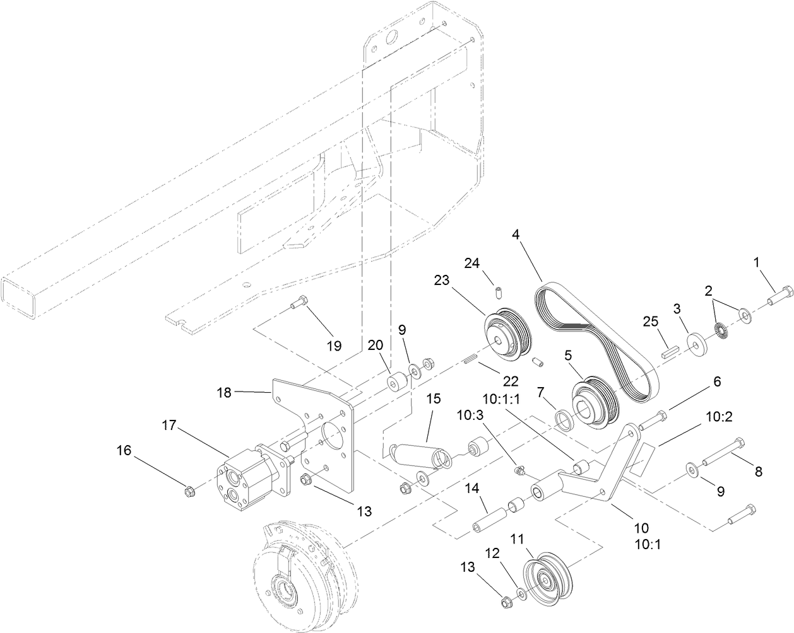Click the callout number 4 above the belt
tap(516, 235)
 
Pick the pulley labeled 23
tap(509, 334)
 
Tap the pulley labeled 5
tap(595, 405)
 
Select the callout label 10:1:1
tap(502, 398)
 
